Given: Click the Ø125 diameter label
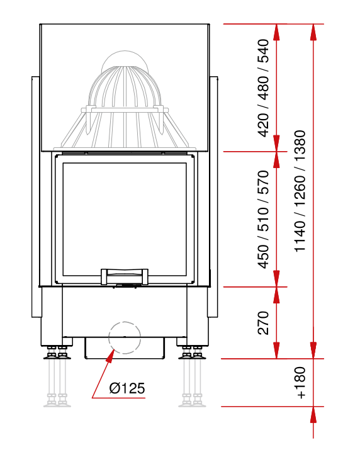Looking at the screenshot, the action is [x=127, y=388].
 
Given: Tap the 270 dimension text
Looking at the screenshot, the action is [x=263, y=322].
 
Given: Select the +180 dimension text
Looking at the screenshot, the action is [x=300, y=383].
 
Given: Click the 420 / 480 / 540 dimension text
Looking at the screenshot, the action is [x=263, y=88].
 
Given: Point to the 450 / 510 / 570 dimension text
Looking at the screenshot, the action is [x=263, y=219].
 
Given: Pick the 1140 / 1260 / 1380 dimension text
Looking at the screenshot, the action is [x=300, y=191].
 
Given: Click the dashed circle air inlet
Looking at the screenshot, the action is [x=125, y=337].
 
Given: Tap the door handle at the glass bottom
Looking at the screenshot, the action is [x=125, y=277].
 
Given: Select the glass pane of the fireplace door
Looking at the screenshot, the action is [x=125, y=219].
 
